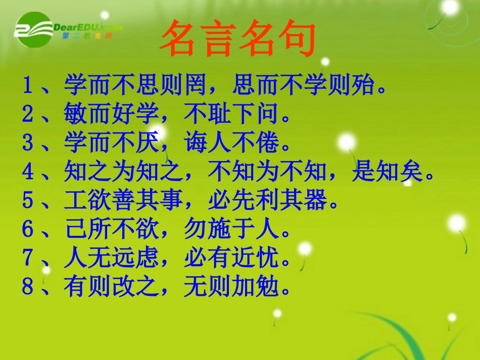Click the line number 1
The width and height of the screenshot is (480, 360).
click(27, 86)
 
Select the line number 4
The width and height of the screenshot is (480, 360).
click(27, 173)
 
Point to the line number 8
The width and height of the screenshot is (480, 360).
click(27, 287)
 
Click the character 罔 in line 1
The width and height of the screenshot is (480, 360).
click(195, 86)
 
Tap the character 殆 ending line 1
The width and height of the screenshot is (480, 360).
click(362, 86)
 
